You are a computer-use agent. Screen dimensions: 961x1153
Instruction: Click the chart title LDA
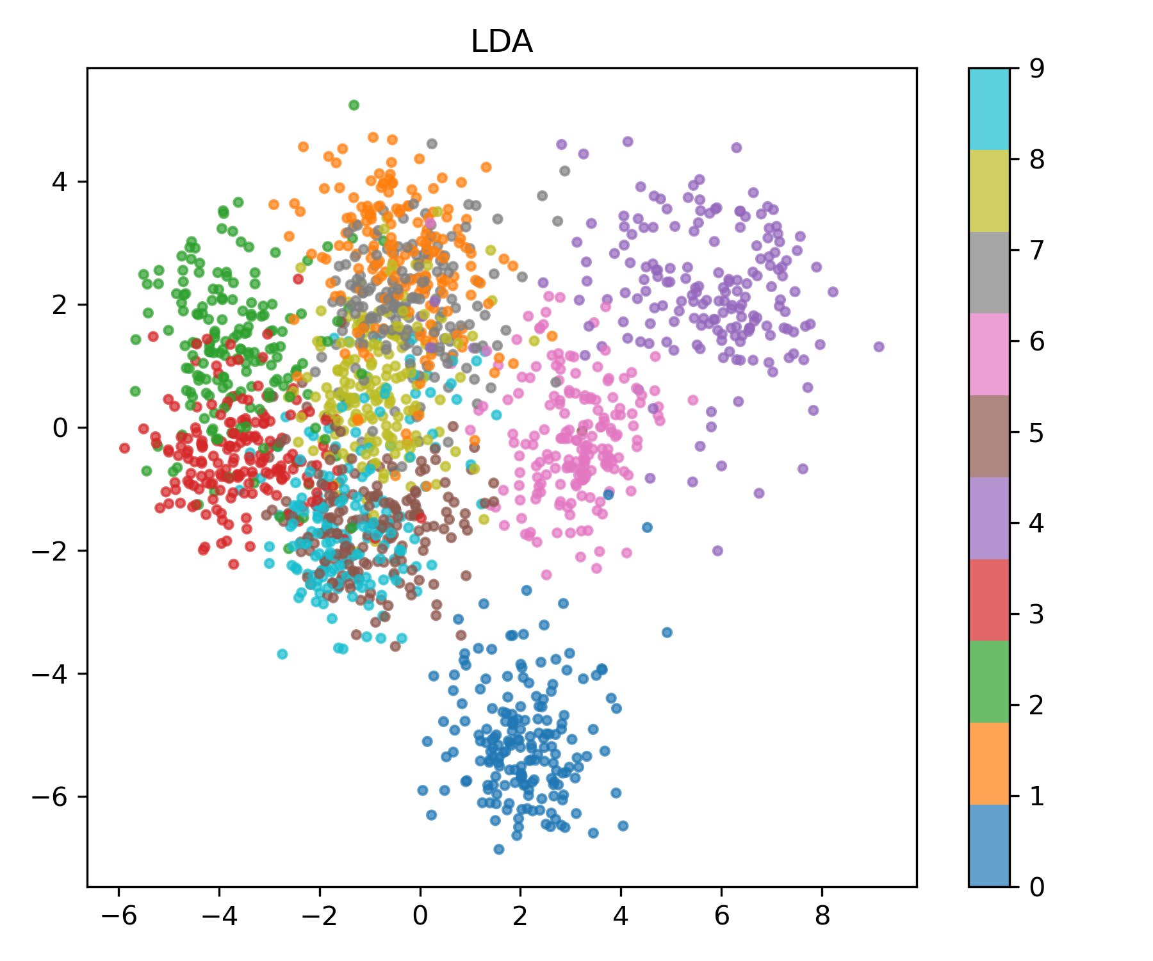click(x=502, y=42)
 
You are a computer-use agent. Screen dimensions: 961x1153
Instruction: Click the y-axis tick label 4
click(x=60, y=182)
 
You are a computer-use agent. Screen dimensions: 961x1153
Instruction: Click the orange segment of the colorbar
click(x=989, y=763)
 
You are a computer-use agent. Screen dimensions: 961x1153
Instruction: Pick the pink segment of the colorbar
click(x=989, y=354)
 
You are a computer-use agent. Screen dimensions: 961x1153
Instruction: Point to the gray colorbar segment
click(x=989, y=272)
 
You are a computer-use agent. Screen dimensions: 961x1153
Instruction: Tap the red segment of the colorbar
click(x=989, y=600)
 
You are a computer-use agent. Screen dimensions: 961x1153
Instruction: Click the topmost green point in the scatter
click(x=354, y=105)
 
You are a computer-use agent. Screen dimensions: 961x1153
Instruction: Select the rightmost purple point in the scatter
click(x=879, y=347)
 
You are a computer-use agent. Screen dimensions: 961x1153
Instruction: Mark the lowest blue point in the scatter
click(x=499, y=850)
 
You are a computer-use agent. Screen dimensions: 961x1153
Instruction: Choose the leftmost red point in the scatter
click(x=124, y=448)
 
